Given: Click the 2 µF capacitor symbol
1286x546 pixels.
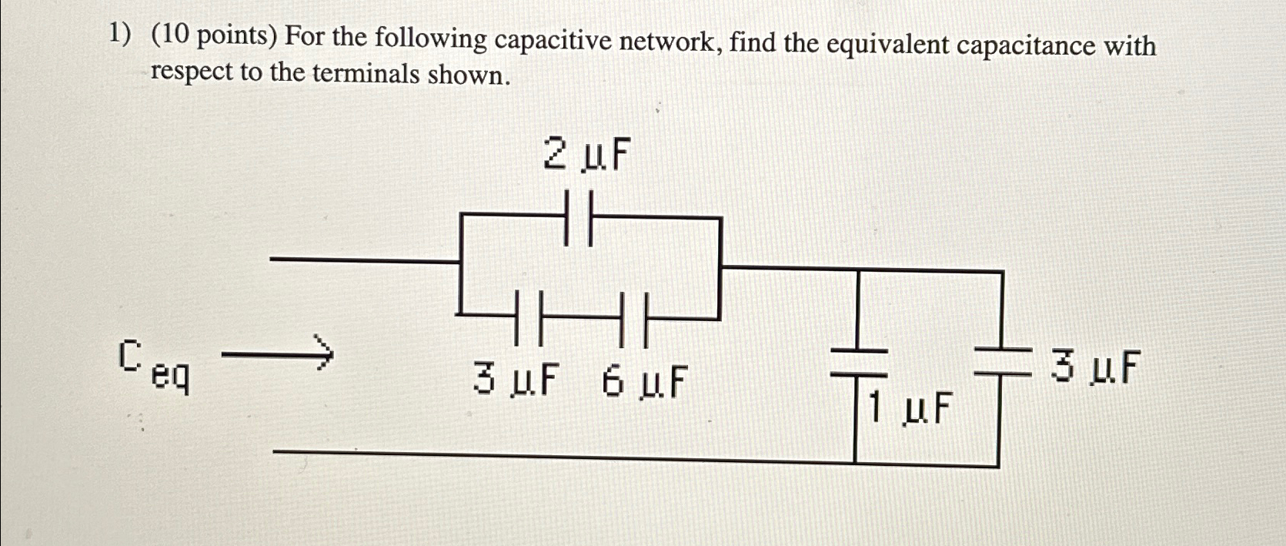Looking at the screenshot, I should click(x=579, y=219).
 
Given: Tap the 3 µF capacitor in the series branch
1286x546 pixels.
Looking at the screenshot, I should click(x=529, y=317).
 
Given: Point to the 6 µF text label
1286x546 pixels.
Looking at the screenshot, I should click(x=644, y=382).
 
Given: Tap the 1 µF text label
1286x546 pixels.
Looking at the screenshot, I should click(x=909, y=407).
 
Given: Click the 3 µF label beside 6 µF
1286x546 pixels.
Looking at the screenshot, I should click(x=516, y=380).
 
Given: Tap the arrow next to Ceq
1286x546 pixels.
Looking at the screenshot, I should click(x=278, y=354).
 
